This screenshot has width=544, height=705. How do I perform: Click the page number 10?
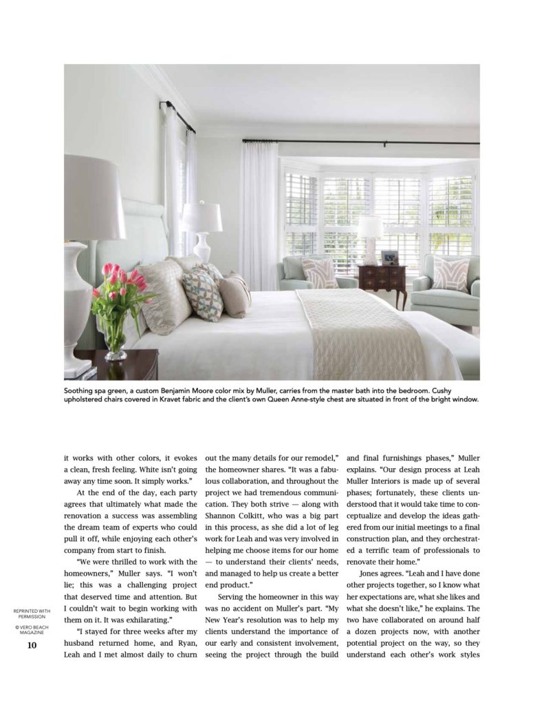click(32, 645)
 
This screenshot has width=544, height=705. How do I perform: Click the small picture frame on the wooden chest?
click(389, 258)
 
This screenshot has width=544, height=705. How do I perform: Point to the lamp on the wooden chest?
click(370, 238)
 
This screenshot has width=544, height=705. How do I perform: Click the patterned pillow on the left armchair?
click(320, 272)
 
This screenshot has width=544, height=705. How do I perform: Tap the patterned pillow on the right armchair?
click(450, 275)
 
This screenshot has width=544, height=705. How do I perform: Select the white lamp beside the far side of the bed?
click(202, 231)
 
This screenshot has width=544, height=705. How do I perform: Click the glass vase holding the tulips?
click(115, 337)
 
